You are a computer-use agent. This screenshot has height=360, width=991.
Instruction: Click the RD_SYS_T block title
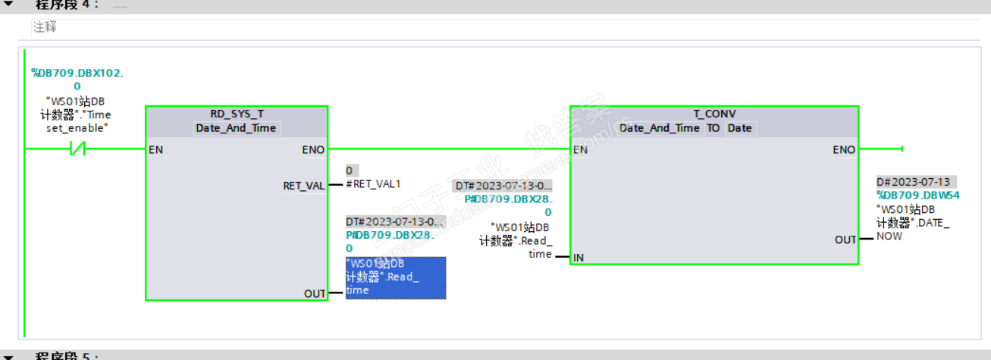point(237,114)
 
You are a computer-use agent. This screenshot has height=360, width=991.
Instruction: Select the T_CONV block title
point(714,114)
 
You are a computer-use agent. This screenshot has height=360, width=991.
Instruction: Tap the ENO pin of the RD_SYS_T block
point(312,150)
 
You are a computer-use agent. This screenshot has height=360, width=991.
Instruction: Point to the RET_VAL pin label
point(303,186)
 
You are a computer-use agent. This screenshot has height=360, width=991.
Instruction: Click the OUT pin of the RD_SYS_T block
point(315,293)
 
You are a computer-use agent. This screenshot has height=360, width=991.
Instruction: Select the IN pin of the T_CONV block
point(579,258)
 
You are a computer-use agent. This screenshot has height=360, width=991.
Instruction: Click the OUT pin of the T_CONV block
point(845,239)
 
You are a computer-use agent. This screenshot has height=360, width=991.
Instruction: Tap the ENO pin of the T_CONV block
point(843,150)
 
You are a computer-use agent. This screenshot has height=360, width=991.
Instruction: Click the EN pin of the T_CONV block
point(581,150)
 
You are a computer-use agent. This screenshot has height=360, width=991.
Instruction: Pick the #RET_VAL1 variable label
point(373,183)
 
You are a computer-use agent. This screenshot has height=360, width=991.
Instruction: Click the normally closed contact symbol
point(77,150)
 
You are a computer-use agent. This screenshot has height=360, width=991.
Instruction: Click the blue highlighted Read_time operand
point(395,277)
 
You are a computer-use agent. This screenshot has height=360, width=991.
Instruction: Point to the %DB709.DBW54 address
point(918,196)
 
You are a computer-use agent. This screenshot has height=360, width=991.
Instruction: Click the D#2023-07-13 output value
point(913,182)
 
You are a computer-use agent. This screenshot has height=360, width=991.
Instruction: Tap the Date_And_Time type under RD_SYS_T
point(237,128)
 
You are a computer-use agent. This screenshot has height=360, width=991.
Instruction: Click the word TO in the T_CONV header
point(713,128)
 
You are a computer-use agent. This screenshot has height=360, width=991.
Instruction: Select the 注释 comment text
point(45,27)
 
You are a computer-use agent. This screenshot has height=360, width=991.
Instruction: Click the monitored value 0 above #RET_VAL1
point(350,171)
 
